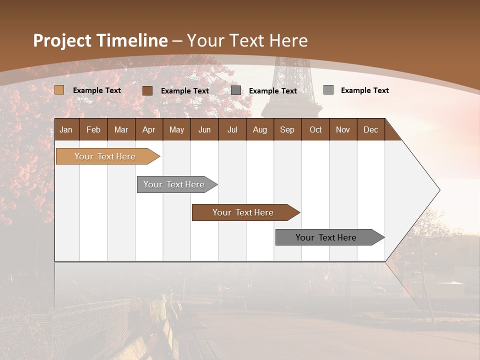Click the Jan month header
(x=66, y=129)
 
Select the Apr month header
(x=148, y=129)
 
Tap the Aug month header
(x=259, y=129)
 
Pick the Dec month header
(x=370, y=129)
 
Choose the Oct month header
(x=315, y=129)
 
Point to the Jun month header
(x=204, y=129)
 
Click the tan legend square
(x=59, y=90)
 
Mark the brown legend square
(x=147, y=90)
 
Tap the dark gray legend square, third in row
(x=236, y=90)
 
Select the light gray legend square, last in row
(x=328, y=90)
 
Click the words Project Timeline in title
(x=100, y=40)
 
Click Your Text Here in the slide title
(x=247, y=40)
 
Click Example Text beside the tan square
(x=97, y=90)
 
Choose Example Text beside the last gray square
(x=364, y=90)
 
